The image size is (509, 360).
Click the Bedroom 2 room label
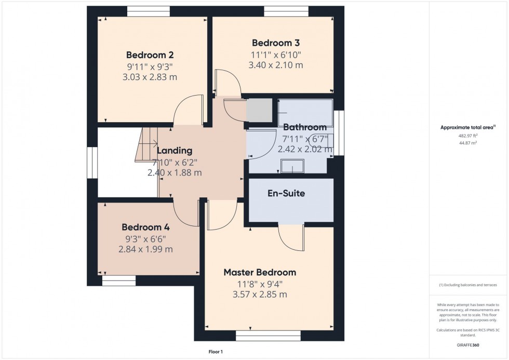coord(150,55)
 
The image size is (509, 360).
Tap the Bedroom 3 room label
coord(275,43)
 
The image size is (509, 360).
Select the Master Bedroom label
coord(260,272)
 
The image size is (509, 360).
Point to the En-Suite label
coord(286,193)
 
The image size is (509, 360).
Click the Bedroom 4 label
coord(145,227)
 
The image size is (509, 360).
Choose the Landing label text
coord(175,151)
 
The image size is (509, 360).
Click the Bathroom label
coord(304,127)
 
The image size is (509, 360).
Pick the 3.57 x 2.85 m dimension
coord(262,295)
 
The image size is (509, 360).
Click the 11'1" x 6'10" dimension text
coord(275,55)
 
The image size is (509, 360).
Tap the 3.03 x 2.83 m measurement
coord(150,77)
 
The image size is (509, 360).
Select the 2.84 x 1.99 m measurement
coord(145,249)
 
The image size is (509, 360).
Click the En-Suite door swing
coord(291,237)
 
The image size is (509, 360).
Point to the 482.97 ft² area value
coord(468,136)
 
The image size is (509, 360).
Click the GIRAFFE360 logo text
coord(468,344)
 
